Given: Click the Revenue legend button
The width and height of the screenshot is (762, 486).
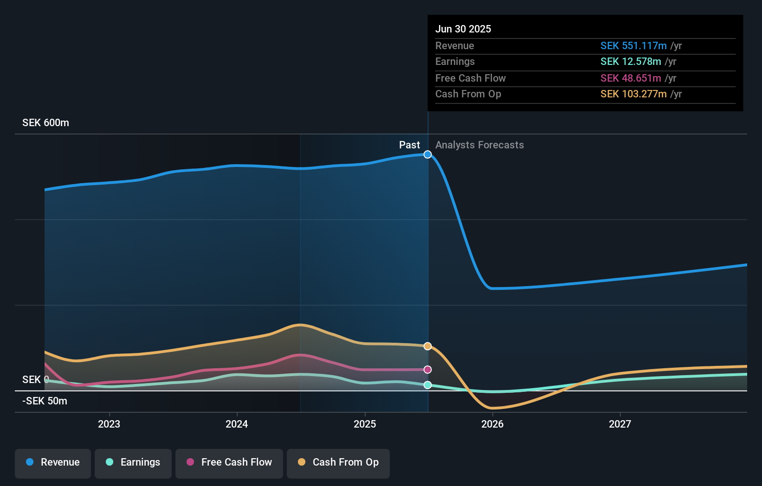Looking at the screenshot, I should pos(53,463).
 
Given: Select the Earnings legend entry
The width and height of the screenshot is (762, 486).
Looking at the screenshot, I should pos(133,463).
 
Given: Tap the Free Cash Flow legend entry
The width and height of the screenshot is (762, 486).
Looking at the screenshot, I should pos(229,463).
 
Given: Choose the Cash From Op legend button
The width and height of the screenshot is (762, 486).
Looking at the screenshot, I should pos(338,463).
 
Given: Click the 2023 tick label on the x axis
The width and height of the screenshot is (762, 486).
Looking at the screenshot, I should pos(109,424).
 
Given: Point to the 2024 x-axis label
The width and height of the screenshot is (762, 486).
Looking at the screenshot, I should pos(237,424).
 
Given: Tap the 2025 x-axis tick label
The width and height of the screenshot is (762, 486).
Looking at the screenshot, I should pos(365,424).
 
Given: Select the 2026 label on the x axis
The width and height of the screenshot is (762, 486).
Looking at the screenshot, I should pos(492,424).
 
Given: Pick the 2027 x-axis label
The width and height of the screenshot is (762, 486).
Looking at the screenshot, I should pos(620,424).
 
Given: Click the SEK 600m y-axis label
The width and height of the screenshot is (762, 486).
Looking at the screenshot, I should pos(45,123).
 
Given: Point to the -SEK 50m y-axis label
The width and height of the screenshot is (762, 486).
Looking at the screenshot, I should pos(45,401).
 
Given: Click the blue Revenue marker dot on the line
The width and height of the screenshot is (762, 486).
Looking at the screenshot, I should pos(427,154).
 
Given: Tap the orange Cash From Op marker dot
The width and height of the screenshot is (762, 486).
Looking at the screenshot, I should pos(427,346).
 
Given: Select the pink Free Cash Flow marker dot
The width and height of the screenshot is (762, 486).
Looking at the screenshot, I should pos(427,370).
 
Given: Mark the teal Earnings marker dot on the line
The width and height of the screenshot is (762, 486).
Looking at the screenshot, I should pos(427,385).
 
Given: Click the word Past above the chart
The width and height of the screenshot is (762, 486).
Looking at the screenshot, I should pos(409,145).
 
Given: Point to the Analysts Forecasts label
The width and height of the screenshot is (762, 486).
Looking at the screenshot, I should pos(479,145).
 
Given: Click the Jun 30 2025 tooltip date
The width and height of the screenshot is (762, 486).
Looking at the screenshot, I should pos(463,29).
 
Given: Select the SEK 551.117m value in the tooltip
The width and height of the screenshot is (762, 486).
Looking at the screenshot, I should pos(633,46).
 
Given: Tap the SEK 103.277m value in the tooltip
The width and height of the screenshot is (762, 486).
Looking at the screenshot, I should pos(633,94).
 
